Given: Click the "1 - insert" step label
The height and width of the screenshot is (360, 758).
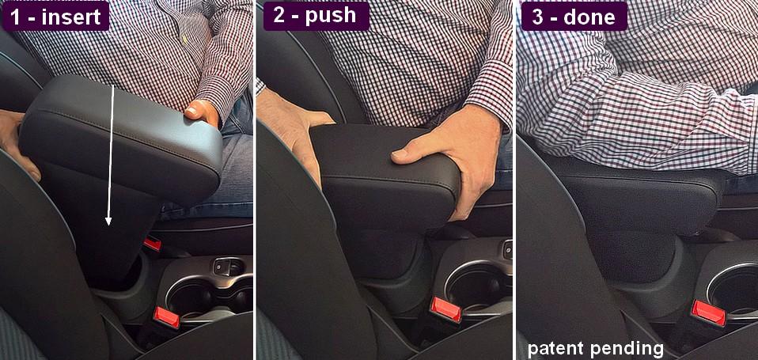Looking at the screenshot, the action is click(x=55, y=17).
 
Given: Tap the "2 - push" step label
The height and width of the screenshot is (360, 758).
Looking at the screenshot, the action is click(x=316, y=16).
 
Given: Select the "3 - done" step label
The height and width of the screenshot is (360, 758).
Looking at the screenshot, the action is click(x=574, y=17).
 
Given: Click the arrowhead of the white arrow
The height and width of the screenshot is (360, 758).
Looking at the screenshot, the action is click(x=108, y=220).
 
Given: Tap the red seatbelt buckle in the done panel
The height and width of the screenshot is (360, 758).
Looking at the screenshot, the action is click(x=708, y=313).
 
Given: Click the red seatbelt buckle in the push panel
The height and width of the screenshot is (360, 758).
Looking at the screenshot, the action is click(x=445, y=309).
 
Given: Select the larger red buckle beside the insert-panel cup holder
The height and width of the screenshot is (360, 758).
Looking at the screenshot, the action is click(x=167, y=317).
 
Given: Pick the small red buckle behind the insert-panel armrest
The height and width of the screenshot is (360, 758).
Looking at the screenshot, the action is click(x=152, y=244).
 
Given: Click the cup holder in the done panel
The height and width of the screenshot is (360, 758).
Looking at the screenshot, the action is click(x=731, y=290).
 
